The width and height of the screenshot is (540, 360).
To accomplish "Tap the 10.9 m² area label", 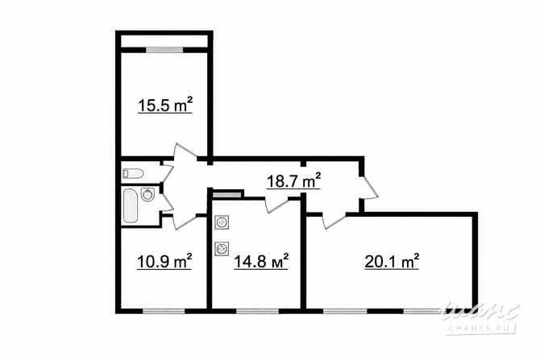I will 164,262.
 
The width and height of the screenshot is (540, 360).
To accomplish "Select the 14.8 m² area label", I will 260,262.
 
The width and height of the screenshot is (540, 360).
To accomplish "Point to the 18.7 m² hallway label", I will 294,181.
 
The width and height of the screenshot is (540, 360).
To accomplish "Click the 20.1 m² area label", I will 392,262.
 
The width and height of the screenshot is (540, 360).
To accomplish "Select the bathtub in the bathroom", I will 130,205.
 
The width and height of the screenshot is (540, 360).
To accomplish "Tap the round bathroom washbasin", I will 148,194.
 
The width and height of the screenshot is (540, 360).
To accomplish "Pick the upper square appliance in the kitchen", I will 222,223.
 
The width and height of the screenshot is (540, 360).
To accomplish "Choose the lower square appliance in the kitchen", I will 222,249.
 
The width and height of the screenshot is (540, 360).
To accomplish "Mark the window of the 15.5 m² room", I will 166,51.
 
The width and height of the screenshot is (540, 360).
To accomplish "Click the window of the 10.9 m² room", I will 164,310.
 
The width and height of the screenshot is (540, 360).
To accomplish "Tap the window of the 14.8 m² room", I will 258,310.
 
